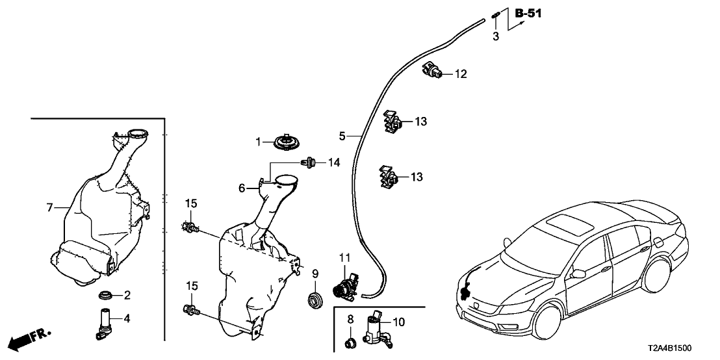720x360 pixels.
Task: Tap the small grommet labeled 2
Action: (104, 296)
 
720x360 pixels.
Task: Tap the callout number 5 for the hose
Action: (342, 136)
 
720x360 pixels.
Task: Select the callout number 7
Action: (49, 207)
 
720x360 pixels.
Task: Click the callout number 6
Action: (242, 188)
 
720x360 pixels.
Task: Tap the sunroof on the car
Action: (569, 224)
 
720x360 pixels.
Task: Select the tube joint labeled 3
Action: (496, 16)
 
